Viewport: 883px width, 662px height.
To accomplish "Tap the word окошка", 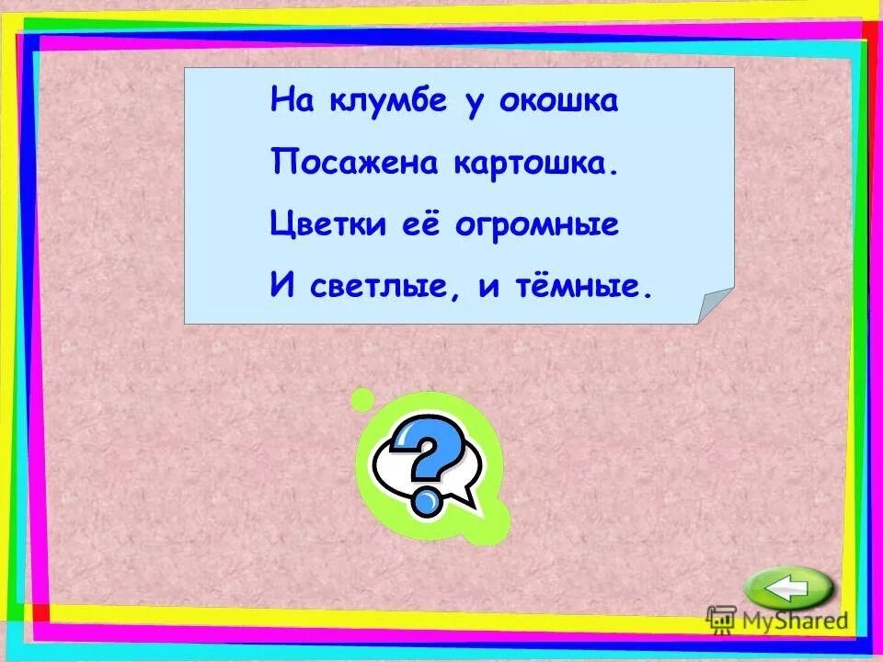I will (558, 100).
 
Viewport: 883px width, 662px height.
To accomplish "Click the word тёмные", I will (578, 288).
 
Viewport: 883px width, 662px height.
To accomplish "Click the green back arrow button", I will (788, 588).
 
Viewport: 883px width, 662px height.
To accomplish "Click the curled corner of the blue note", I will (714, 304).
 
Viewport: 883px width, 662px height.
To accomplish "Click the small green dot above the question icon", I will (363, 399).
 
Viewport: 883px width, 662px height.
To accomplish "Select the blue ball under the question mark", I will (426, 501).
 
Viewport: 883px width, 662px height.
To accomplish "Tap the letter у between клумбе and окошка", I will (474, 101).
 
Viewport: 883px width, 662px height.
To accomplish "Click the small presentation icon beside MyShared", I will (722, 620).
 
